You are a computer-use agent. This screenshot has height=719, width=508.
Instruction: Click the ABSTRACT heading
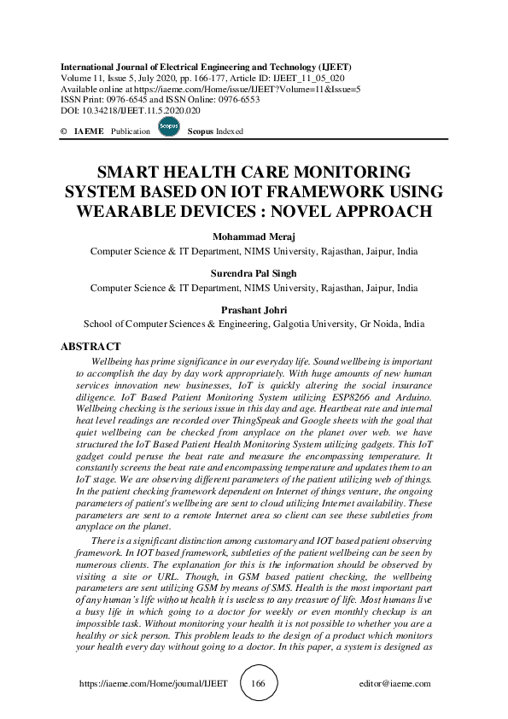coord(91,347)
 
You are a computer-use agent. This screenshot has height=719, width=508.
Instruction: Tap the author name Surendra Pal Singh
coord(254,274)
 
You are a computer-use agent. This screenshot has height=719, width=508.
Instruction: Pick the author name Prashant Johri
coord(254,310)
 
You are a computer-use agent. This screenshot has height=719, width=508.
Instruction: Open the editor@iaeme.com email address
coord(396,683)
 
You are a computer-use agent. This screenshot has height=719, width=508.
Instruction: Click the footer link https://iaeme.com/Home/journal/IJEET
coord(153,683)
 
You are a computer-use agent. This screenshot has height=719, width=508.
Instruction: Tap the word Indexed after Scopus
coord(230,132)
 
